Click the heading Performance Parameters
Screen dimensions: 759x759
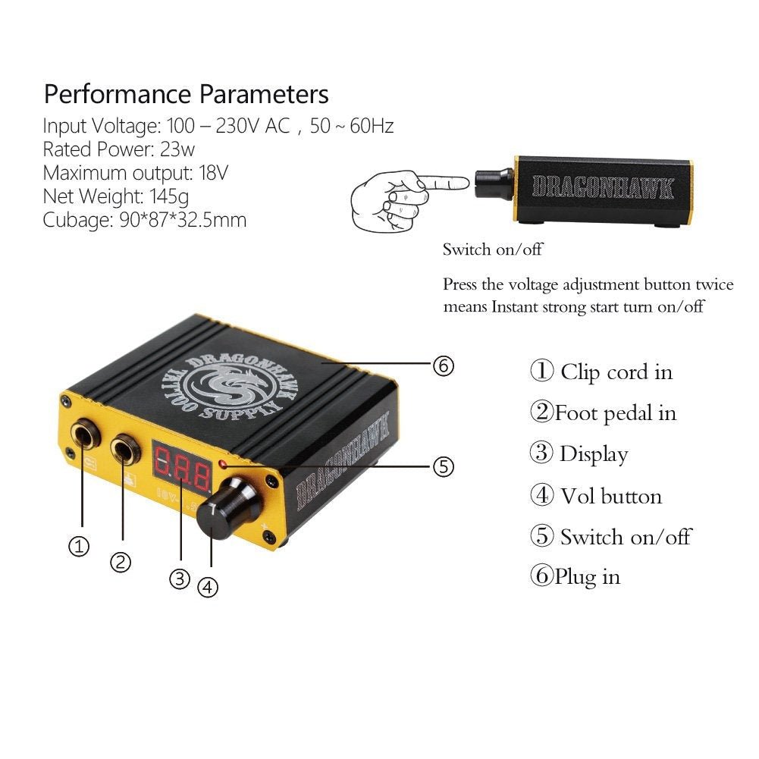pyautogui.click(x=187, y=94)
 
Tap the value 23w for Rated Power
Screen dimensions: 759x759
pyautogui.click(x=177, y=149)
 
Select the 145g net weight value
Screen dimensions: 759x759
pyautogui.click(x=169, y=196)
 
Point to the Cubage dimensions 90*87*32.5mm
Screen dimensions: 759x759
pyautogui.click(x=183, y=220)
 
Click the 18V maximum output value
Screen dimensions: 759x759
pyautogui.click(x=214, y=173)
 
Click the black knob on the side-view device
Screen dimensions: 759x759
pyautogui.click(x=494, y=183)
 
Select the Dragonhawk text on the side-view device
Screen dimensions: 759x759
pyautogui.click(x=603, y=187)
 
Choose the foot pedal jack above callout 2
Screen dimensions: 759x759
pyautogui.click(x=125, y=448)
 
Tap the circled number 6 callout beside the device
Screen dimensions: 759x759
pyautogui.click(x=444, y=365)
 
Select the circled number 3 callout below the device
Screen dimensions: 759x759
pyautogui.click(x=180, y=579)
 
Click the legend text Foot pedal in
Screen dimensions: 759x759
pyautogui.click(x=615, y=413)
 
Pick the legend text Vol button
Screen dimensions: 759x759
pyautogui.click(x=611, y=496)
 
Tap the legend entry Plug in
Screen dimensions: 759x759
pyautogui.click(x=587, y=577)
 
